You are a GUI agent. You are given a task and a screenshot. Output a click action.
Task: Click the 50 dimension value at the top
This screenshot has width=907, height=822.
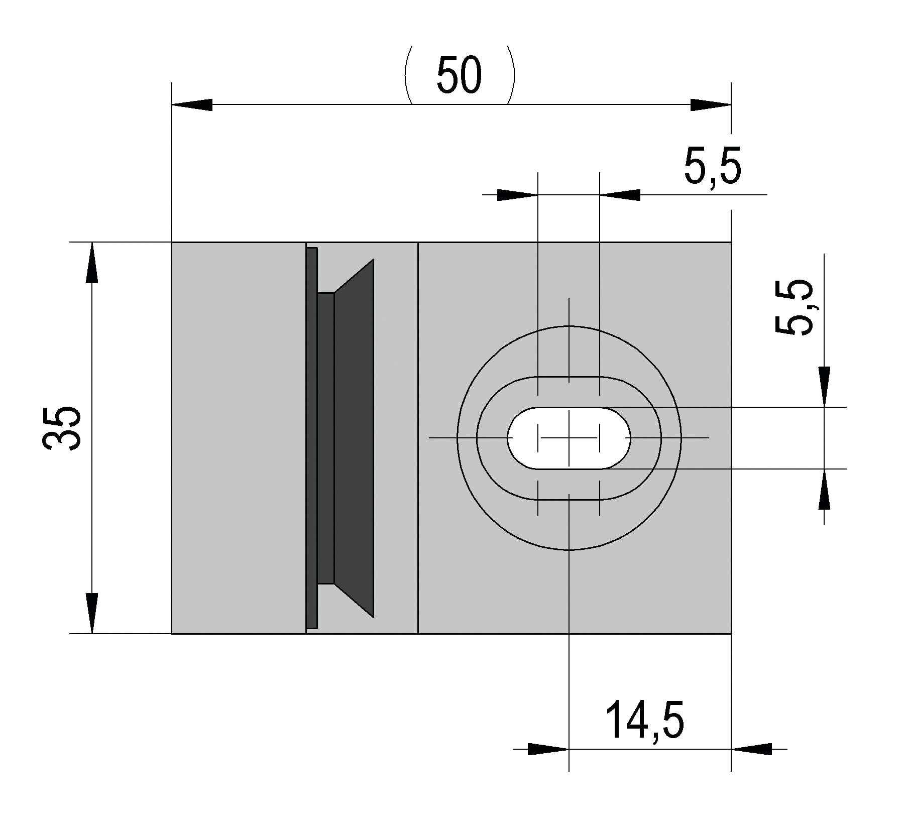459,75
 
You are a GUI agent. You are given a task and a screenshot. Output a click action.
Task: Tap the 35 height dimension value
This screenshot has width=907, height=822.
62,428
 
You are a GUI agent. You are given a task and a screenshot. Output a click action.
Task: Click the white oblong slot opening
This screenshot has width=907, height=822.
569,438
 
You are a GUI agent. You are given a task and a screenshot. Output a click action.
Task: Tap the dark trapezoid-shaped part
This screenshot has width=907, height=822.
354,438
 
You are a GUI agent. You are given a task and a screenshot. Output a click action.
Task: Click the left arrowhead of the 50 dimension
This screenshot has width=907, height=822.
192,105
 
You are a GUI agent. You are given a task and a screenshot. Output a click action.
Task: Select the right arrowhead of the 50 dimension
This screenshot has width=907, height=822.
711,105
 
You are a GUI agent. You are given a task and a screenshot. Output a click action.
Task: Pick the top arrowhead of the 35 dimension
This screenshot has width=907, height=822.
92,263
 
